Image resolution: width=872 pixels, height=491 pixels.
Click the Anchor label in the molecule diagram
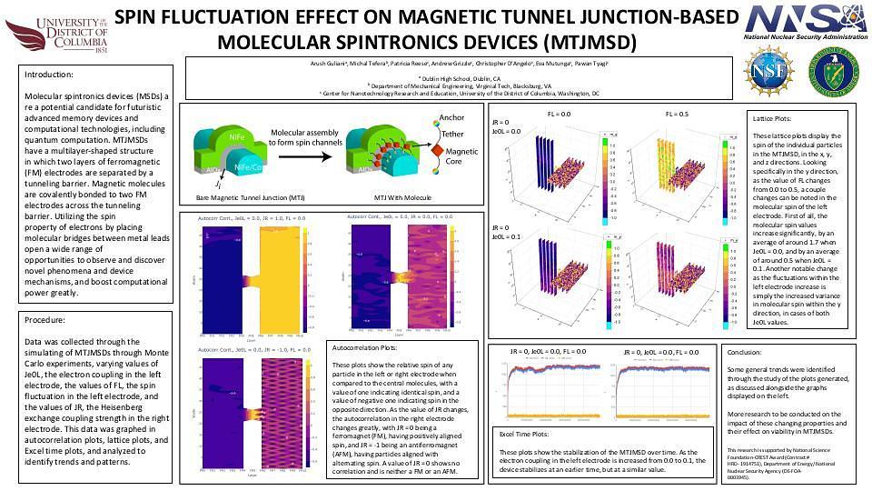click(x=451, y=117)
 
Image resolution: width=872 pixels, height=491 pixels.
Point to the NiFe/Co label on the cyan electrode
click(x=249, y=167)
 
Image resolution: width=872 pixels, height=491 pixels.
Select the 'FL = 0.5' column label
click(x=677, y=114)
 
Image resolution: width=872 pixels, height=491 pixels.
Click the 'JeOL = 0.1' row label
click(x=506, y=236)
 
